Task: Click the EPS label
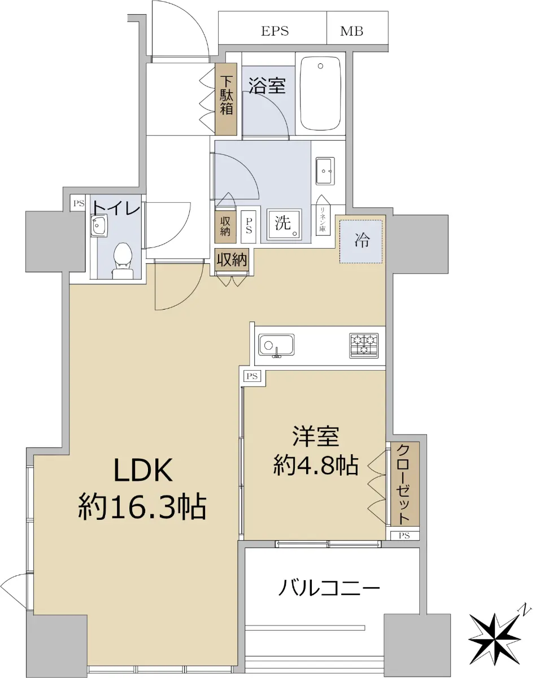[275, 31]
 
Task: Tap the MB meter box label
[351, 31]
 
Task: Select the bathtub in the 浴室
[320, 93]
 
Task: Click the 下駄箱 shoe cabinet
[226, 99]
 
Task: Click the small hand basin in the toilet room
[99, 225]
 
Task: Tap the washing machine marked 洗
[284, 225]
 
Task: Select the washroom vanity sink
[325, 171]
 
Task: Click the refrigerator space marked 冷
[360, 241]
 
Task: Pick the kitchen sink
[276, 345]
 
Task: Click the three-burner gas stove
[364, 345]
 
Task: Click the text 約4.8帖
[316, 464]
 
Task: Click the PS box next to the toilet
[79, 203]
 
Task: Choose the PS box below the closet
[404, 536]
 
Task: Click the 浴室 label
[267, 85]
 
